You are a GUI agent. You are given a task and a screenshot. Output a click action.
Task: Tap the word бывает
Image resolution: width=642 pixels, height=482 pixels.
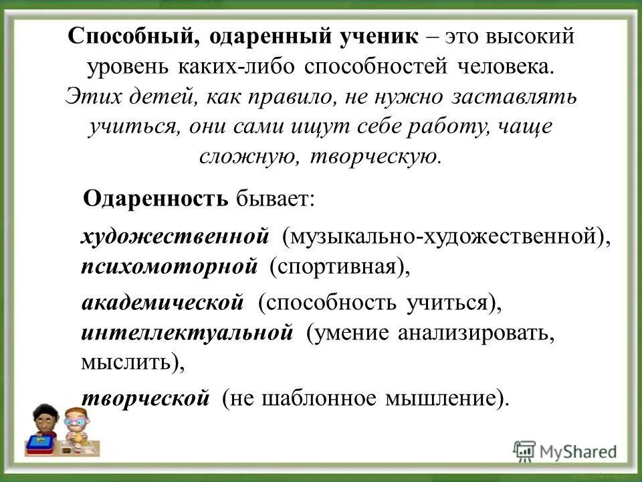pos(272,198)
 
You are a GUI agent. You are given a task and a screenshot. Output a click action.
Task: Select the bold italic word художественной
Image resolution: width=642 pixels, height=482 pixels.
pos(175,236)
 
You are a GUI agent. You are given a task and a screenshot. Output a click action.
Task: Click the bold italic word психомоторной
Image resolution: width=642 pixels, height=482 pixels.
pos(169,266)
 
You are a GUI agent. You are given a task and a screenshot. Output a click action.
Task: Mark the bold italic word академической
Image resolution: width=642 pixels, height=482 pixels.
pos(163,304)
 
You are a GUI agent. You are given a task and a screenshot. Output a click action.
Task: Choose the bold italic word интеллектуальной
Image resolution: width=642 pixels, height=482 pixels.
pos(187,333)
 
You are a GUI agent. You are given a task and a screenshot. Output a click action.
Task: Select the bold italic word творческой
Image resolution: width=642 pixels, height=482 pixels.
pos(146,398)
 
